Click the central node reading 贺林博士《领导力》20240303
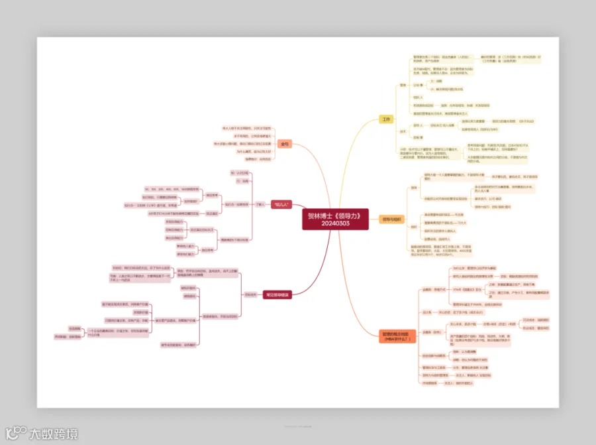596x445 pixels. click(335, 220)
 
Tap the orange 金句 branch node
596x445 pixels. click(284, 143)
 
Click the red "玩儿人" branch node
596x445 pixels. click(281, 205)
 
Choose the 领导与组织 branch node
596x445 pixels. click(391, 219)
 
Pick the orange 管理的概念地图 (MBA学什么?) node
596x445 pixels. click(397, 336)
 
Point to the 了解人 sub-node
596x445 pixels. click(260, 204)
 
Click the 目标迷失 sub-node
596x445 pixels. click(250, 294)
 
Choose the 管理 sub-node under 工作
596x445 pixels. click(403, 86)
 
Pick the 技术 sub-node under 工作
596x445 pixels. click(403, 131)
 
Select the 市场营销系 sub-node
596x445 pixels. click(430, 383)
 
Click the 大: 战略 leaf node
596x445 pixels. click(436, 81)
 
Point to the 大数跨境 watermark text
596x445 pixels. click(53, 434)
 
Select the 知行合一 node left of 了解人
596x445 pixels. click(234, 204)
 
